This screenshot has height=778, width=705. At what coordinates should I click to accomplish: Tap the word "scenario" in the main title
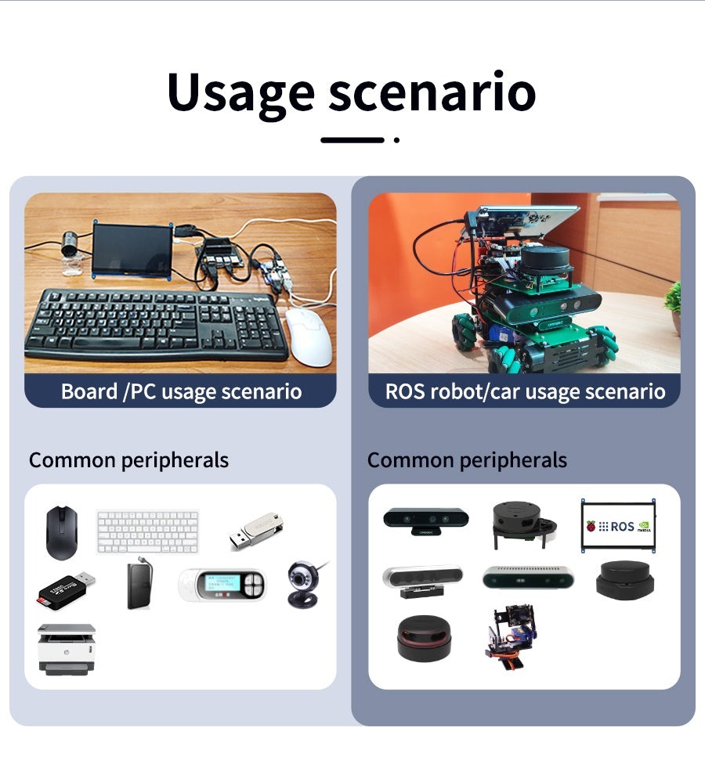click(x=432, y=92)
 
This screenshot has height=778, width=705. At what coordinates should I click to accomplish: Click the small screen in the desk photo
click(x=132, y=250)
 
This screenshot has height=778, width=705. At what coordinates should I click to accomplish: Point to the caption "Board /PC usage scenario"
click(x=181, y=391)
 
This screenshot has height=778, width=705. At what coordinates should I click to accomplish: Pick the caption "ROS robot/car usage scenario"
click(x=525, y=391)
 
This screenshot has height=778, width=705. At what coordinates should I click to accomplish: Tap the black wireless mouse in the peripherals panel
click(x=61, y=532)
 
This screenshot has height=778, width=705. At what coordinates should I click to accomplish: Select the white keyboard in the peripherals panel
click(x=147, y=532)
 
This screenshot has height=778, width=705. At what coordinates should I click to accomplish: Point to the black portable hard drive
click(x=139, y=585)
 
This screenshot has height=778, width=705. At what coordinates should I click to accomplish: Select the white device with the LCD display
click(x=222, y=585)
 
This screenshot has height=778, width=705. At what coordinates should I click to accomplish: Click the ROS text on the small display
click(x=623, y=527)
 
